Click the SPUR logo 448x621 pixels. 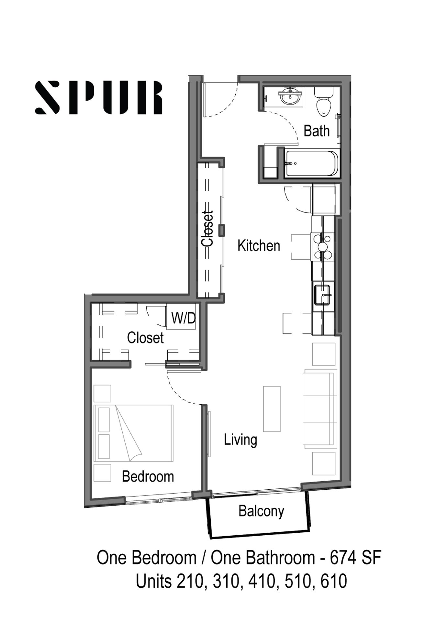pos(99,97)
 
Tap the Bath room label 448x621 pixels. pos(317,131)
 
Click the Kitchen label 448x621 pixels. pos(259,245)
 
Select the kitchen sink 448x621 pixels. pos(322,295)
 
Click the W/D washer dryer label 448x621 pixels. pos(183,318)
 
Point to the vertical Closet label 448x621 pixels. pos(207,228)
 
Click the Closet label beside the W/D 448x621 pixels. pos(145,338)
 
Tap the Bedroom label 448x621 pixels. pos(148,476)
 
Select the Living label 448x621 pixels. pos(241,440)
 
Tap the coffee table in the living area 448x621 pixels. pos(272,409)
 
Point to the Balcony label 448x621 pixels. pos(261,511)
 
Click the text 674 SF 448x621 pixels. pos(355,558)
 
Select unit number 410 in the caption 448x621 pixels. pos(262,581)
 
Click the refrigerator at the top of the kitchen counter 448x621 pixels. pos(324,199)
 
